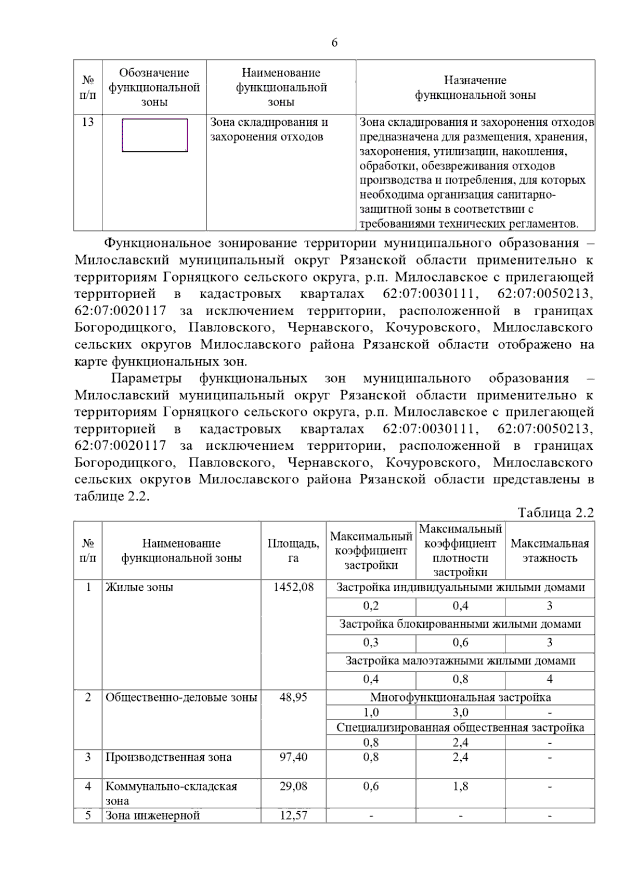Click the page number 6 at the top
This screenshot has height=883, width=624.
click(x=334, y=43)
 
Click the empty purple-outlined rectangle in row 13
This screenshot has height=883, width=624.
click(x=154, y=135)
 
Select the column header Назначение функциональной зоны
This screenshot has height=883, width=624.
click(x=475, y=87)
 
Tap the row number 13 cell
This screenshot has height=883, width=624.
click(x=88, y=122)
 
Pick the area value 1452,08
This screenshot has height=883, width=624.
click(x=293, y=587)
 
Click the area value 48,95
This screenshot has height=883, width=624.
click(x=293, y=697)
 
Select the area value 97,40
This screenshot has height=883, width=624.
click(x=293, y=757)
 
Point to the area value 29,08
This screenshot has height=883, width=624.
click(x=293, y=786)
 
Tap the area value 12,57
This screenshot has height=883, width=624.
click(x=293, y=815)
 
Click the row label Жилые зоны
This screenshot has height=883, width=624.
click(x=139, y=587)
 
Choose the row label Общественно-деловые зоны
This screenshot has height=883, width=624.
click(x=181, y=697)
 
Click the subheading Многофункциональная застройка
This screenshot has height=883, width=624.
click(x=460, y=697)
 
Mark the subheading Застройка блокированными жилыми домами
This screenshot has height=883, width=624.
click(x=460, y=624)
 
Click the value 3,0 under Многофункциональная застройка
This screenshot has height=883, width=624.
click(x=460, y=712)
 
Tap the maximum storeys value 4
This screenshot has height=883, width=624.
click(x=550, y=679)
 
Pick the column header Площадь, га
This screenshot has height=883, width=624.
click(x=293, y=550)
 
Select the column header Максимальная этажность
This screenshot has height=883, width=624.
click(x=550, y=550)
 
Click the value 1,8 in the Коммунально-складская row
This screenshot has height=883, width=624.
click(x=460, y=786)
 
